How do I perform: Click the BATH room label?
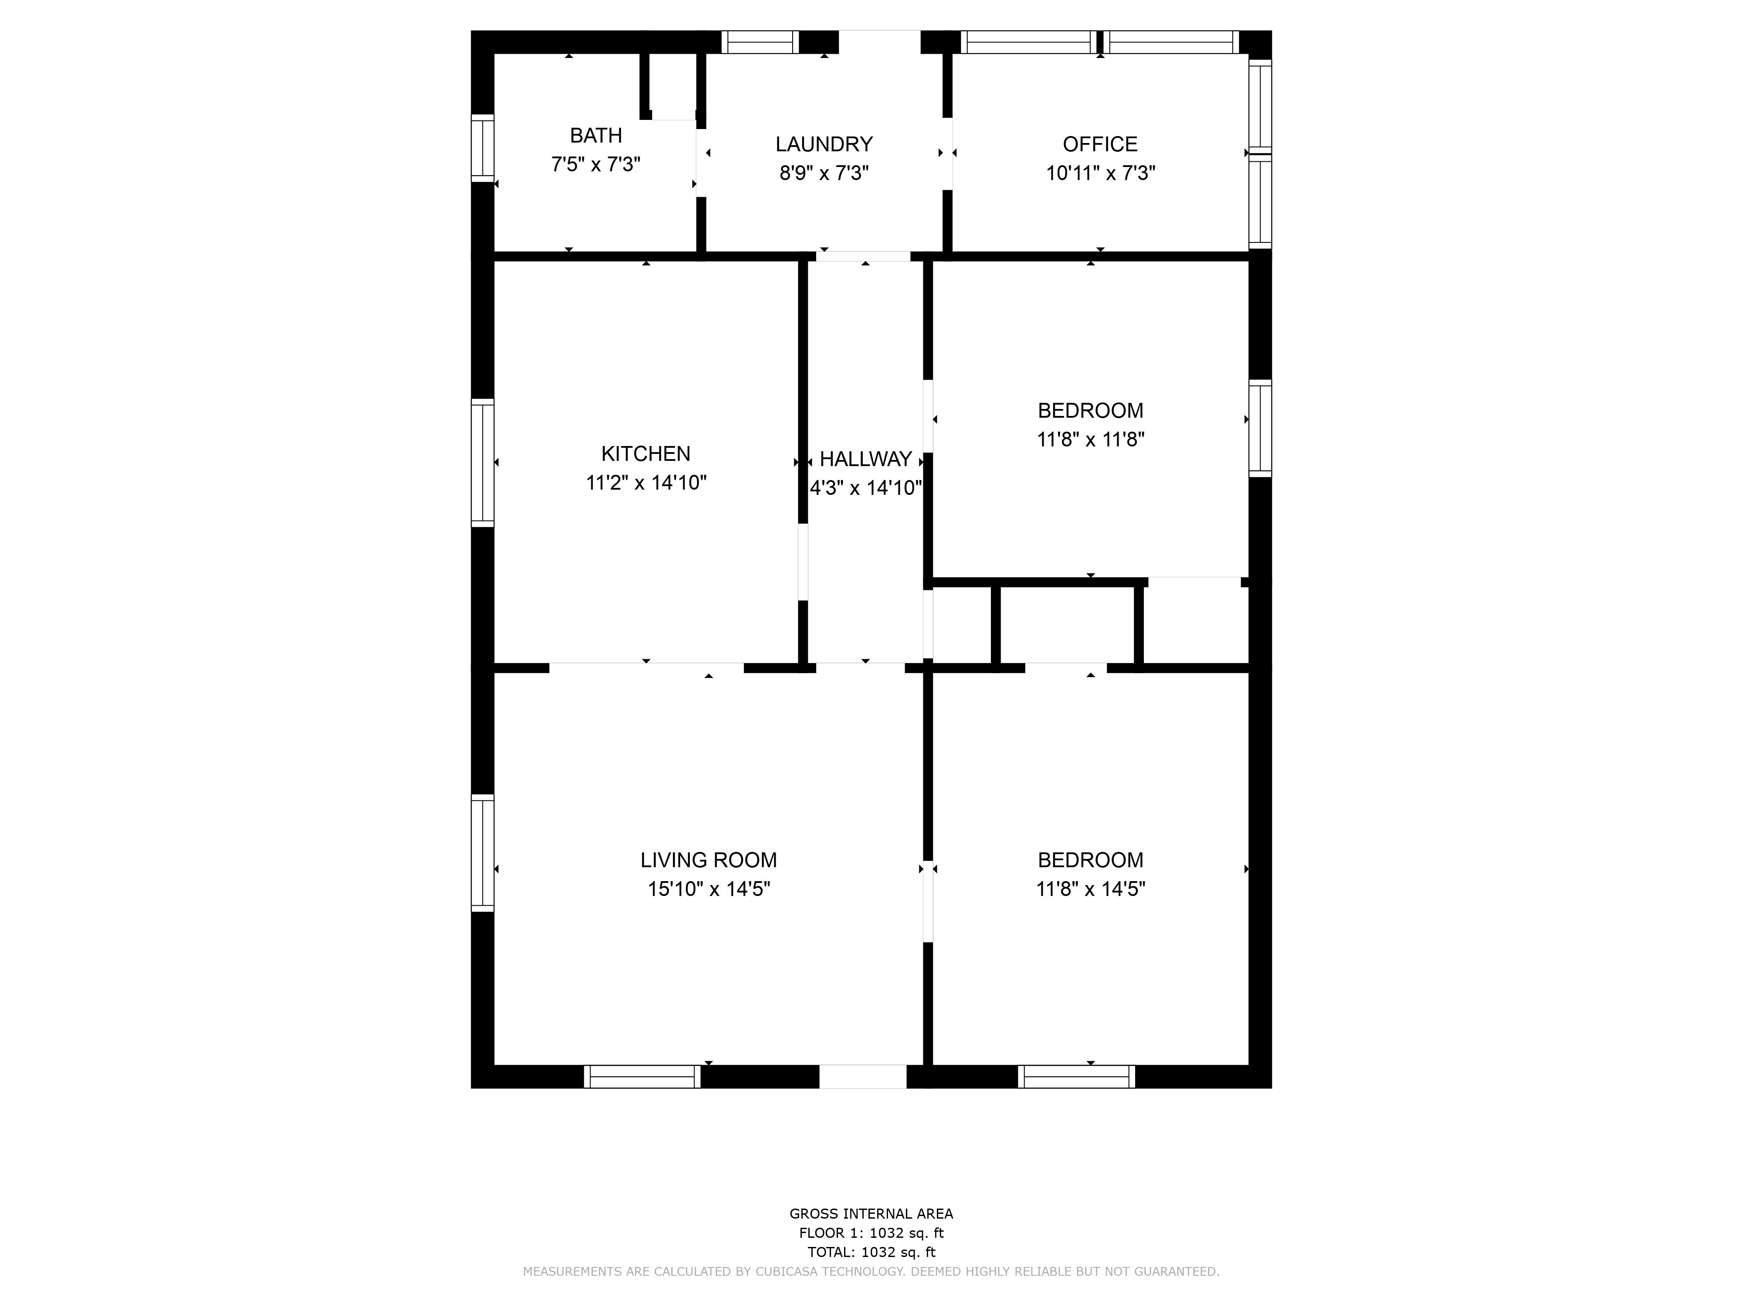click(596, 136)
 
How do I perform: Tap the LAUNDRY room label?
click(824, 144)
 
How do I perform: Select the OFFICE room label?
click(1100, 144)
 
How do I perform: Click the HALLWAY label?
click(866, 459)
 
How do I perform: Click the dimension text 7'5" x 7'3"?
click(596, 164)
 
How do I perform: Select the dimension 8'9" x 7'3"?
click(824, 173)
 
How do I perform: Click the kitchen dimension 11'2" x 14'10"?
click(646, 483)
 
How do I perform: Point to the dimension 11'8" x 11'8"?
click(1091, 439)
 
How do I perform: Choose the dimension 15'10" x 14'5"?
click(709, 889)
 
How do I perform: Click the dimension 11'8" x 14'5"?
click(1091, 889)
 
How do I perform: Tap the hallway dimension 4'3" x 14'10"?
click(866, 488)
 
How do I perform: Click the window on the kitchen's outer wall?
click(482, 463)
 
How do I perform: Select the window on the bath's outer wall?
click(482, 148)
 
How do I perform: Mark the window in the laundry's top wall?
click(760, 42)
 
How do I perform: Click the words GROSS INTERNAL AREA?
click(871, 1214)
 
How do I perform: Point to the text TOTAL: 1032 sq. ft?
click(871, 1252)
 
